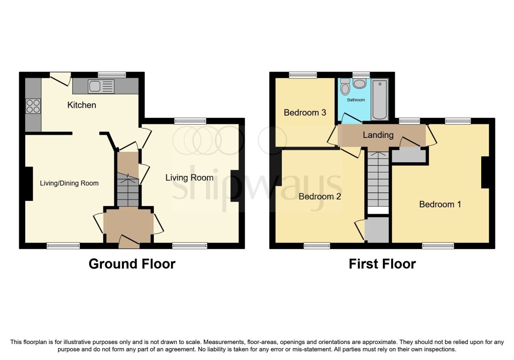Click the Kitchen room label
click(82, 105)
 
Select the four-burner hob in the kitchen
click(33, 106)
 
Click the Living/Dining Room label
click(69, 183)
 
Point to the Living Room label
click(189, 178)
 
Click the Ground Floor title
click(132, 264)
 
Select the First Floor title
click(382, 264)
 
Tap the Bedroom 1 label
click(440, 204)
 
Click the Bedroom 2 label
click(319, 196)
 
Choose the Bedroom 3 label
click(305, 113)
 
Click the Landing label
click(378, 135)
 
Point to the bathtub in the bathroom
click(380, 100)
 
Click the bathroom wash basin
click(359, 83)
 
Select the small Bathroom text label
click(356, 100)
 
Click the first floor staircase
click(378, 180)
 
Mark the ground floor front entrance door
click(129, 241)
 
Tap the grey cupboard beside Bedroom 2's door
click(377, 229)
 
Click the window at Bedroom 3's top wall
click(303, 75)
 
